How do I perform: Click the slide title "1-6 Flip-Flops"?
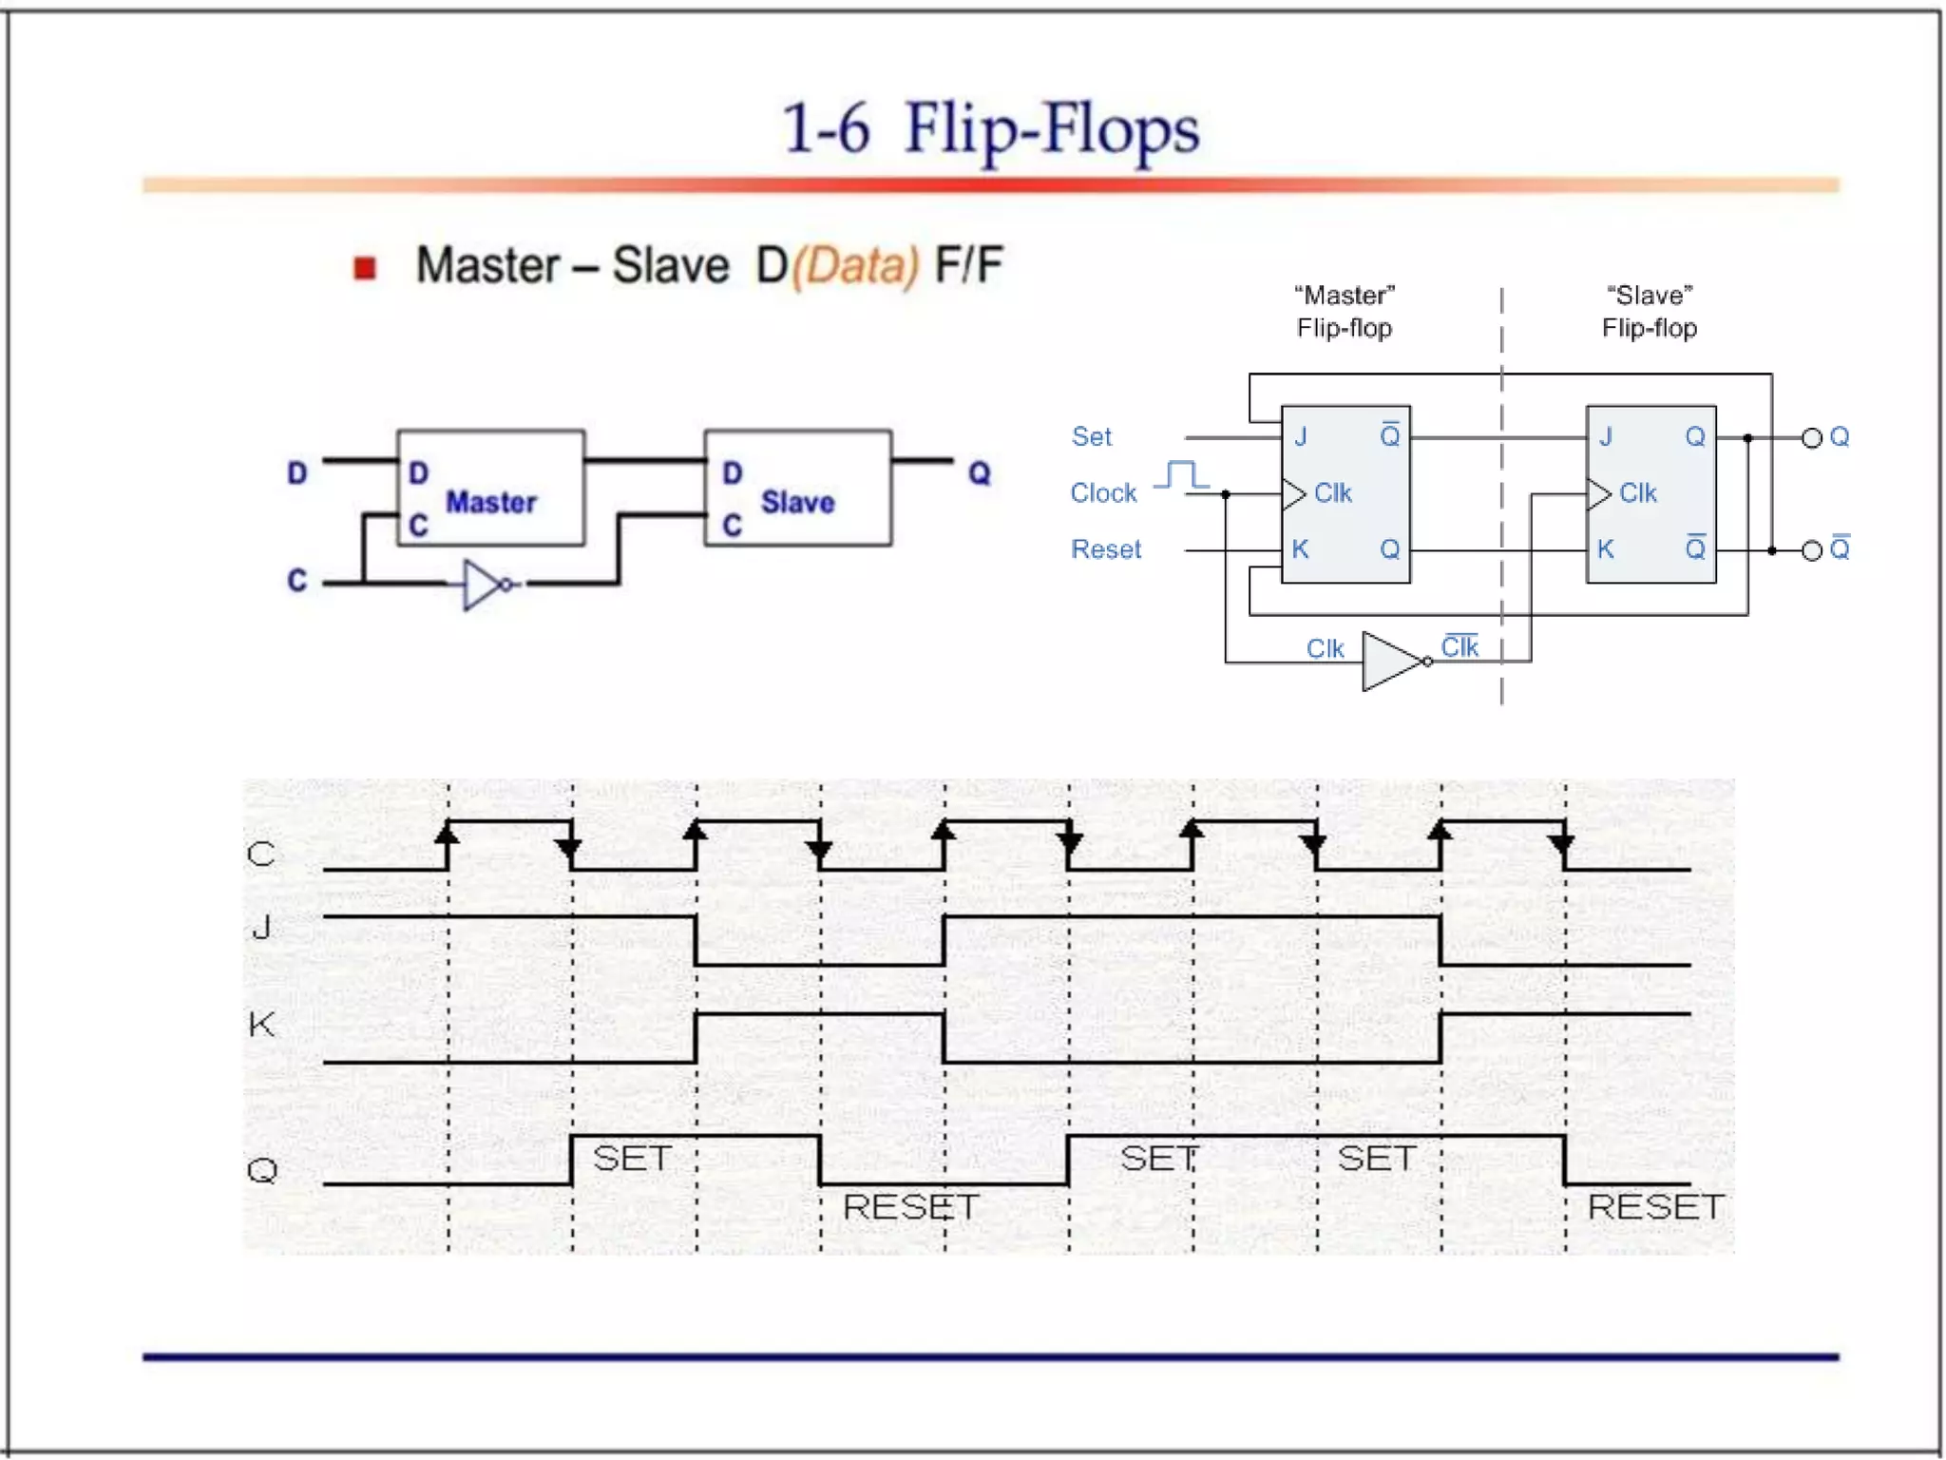[990, 129]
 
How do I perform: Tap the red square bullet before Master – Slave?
[365, 268]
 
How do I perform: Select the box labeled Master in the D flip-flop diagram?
[490, 488]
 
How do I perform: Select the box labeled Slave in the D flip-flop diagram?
[797, 488]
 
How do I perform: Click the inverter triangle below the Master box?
[483, 585]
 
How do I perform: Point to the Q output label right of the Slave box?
[980, 472]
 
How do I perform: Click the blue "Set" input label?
[1091, 436]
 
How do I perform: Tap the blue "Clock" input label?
[1103, 492]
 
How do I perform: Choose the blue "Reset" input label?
[1105, 549]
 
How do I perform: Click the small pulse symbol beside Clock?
[1182, 474]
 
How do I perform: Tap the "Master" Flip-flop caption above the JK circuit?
[1345, 312]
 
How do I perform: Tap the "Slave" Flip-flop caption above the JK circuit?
[1649, 312]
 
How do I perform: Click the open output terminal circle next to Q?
[1812, 438]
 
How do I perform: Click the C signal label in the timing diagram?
[261, 854]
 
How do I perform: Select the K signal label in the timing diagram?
[261, 1025]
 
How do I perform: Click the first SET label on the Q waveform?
[631, 1159]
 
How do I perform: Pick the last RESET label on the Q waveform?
[1654, 1207]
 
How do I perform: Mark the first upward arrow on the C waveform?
[448, 834]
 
